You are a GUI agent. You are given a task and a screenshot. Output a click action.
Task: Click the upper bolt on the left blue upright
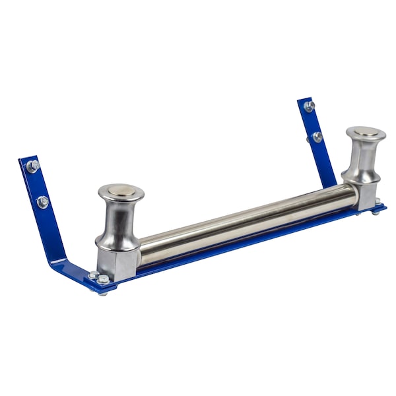(32, 166)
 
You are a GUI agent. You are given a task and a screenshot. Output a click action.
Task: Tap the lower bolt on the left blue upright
(42, 201)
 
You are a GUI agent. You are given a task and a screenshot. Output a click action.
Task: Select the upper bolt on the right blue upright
(308, 106)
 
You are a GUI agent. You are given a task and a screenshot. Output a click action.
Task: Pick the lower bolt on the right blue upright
(317, 137)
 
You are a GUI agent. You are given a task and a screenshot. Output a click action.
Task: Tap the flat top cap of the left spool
(121, 191)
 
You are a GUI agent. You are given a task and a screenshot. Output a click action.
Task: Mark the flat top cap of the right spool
(366, 132)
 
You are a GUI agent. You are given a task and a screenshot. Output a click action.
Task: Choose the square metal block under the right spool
(364, 195)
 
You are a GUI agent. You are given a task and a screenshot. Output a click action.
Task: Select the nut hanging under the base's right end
(375, 213)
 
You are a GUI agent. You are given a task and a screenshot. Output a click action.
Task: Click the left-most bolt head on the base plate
(93, 275)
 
